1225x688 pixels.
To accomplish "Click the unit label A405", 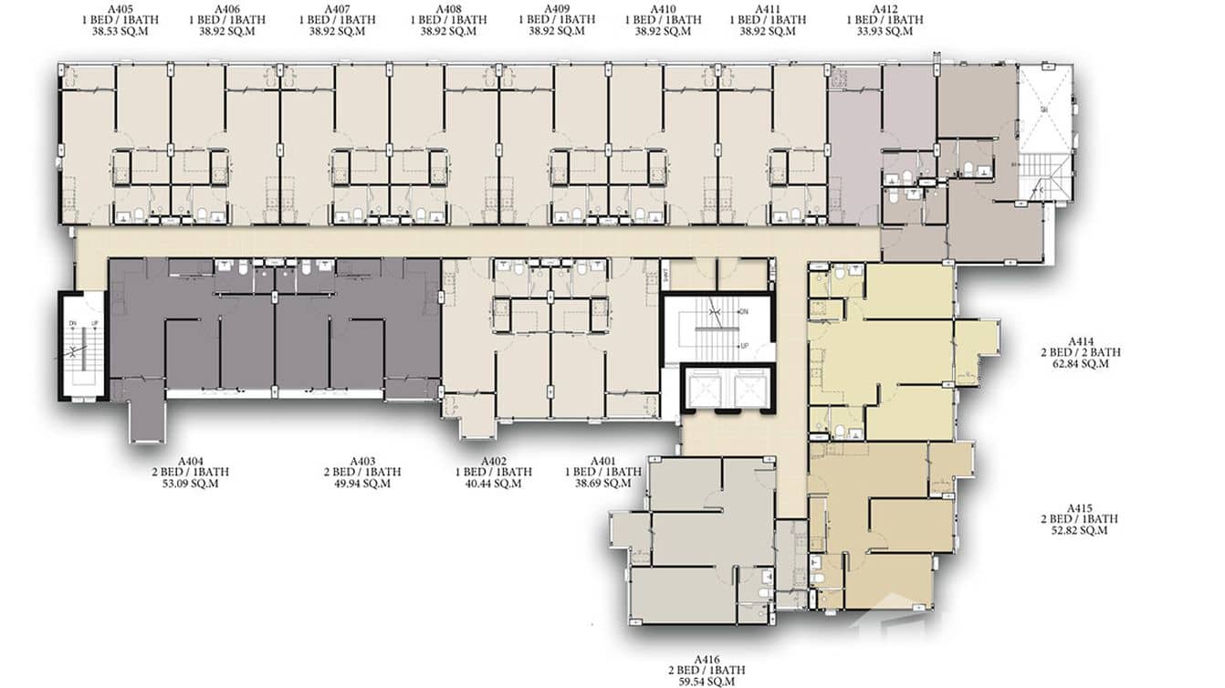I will pyautogui.click(x=120, y=8).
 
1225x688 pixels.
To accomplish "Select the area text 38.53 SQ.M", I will pyautogui.click(x=120, y=30).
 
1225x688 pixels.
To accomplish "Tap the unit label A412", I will pyautogui.click(x=885, y=8).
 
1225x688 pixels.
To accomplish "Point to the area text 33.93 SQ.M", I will pyautogui.click(x=885, y=30).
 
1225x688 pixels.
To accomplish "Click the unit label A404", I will pyautogui.click(x=191, y=461).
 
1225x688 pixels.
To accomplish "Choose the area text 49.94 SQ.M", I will pyautogui.click(x=362, y=484).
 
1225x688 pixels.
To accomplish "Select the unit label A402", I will pyautogui.click(x=493, y=461).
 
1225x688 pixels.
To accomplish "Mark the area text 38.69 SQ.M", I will pyautogui.click(x=602, y=484).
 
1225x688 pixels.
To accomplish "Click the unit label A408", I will pyautogui.click(x=447, y=8).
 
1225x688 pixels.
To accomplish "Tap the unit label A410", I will pyautogui.click(x=663, y=8).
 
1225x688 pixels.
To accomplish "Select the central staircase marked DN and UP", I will pyautogui.click(x=717, y=329).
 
